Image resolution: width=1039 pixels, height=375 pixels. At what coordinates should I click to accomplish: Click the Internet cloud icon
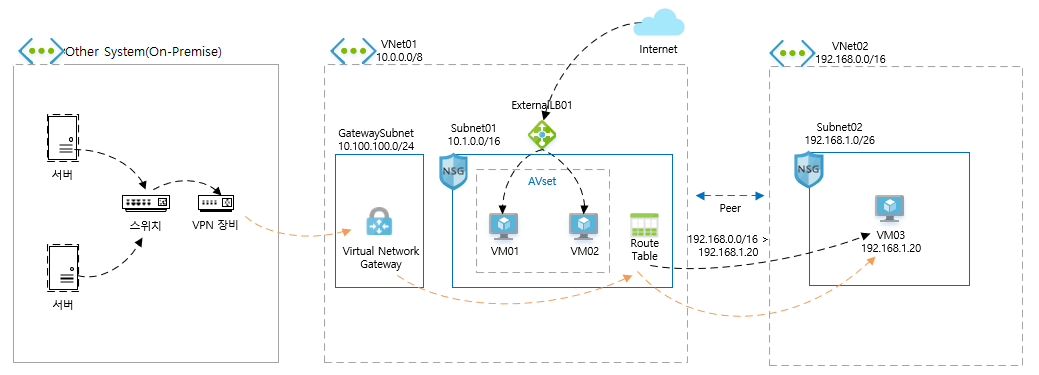point(659,23)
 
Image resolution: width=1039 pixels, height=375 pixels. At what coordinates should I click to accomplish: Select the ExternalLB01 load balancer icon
point(541,134)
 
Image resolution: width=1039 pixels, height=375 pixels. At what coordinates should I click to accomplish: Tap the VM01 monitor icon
point(504,226)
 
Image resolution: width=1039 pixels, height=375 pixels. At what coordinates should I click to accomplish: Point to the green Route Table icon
point(644,225)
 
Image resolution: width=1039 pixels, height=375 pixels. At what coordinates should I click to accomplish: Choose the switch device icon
point(147,202)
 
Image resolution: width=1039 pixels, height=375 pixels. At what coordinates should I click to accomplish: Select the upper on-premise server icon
point(64,138)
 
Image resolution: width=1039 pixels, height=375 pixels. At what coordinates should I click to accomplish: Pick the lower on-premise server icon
point(64,266)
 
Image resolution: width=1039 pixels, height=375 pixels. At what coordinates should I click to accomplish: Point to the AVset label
point(542,181)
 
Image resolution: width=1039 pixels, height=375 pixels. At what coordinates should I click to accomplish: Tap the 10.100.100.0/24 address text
point(376,146)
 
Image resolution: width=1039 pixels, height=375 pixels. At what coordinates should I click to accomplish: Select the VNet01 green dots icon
point(353,50)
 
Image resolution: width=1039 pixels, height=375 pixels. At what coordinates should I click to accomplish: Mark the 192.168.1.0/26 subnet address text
point(840,140)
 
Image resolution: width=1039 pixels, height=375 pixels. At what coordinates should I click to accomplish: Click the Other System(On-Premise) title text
point(143,52)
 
